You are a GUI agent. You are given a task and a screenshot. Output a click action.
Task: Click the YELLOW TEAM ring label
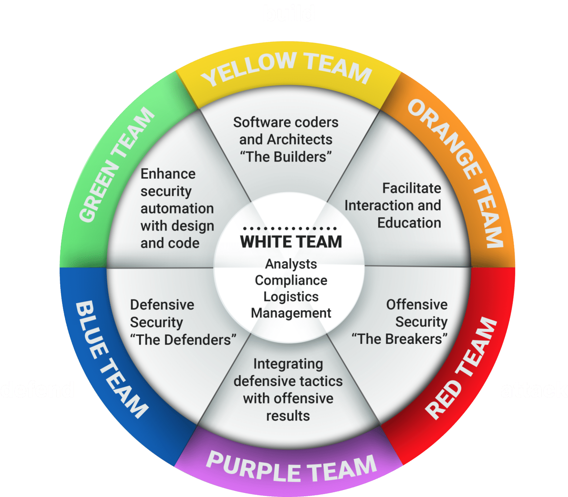(287, 68)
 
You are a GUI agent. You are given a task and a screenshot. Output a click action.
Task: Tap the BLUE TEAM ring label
(111, 359)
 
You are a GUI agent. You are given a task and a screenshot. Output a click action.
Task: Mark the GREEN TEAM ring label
(116, 165)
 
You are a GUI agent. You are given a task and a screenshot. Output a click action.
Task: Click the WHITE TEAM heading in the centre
(291, 242)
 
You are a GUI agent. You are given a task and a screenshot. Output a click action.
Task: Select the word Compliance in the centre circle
(291, 280)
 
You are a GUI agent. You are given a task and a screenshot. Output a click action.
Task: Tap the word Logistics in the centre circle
(291, 296)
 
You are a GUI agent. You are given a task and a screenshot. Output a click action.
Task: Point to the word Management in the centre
(291, 313)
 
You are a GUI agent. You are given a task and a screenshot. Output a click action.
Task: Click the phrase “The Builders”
(285, 157)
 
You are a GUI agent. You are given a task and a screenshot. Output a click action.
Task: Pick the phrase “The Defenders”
(183, 339)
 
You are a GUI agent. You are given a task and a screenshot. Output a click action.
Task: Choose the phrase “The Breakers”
(399, 339)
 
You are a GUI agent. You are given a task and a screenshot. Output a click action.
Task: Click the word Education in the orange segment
(409, 223)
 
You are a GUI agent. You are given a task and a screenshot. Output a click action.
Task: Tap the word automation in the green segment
(177, 208)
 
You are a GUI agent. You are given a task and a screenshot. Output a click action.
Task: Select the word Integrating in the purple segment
(288, 364)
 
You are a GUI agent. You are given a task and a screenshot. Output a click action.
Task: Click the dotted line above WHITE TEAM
(290, 228)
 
